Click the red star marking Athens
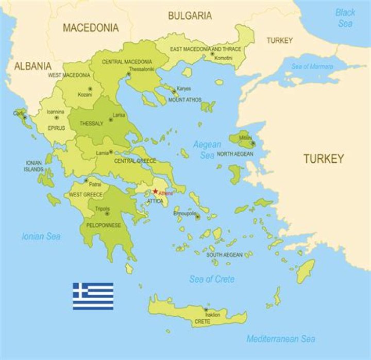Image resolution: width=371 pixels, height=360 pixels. pos(155,191)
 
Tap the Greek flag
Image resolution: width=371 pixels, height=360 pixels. pos(93,296)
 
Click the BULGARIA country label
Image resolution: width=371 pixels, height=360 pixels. pos(190,16)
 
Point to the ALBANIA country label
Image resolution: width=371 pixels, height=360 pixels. pos(33,66)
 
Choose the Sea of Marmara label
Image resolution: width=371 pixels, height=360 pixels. pos(312,66)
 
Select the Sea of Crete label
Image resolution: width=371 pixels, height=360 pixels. pos(212,279)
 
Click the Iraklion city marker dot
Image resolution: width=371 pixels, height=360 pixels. pos(206,310)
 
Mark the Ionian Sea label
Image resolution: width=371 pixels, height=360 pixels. pos(41,236)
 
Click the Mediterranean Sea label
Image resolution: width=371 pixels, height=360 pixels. pos(281,338)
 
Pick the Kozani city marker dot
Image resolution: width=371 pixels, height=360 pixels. pos(90,89)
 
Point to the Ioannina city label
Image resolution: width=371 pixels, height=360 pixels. pos(55,111)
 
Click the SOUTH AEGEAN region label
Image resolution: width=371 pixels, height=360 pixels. pos(224,254)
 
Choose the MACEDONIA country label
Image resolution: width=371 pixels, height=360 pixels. pos(91,28)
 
